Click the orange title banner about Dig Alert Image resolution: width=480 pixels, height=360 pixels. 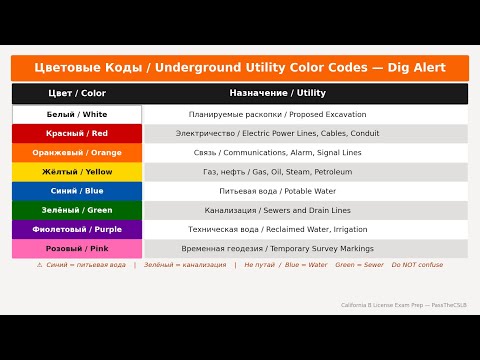[x=239, y=68]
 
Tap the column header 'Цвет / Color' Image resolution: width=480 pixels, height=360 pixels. [x=77, y=93]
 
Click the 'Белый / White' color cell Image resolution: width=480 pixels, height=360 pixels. [x=77, y=115]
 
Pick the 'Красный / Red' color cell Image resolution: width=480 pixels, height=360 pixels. [x=77, y=133]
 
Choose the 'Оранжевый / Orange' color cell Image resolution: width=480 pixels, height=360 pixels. [x=77, y=153]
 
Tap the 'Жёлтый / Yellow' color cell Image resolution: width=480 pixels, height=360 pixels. [x=77, y=172]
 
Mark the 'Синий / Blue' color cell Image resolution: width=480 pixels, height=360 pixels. [x=77, y=191]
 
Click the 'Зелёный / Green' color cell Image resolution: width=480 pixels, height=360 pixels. [x=77, y=211]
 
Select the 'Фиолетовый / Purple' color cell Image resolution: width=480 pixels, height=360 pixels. [x=77, y=230]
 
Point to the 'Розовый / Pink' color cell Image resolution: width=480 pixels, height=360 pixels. [x=77, y=249]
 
